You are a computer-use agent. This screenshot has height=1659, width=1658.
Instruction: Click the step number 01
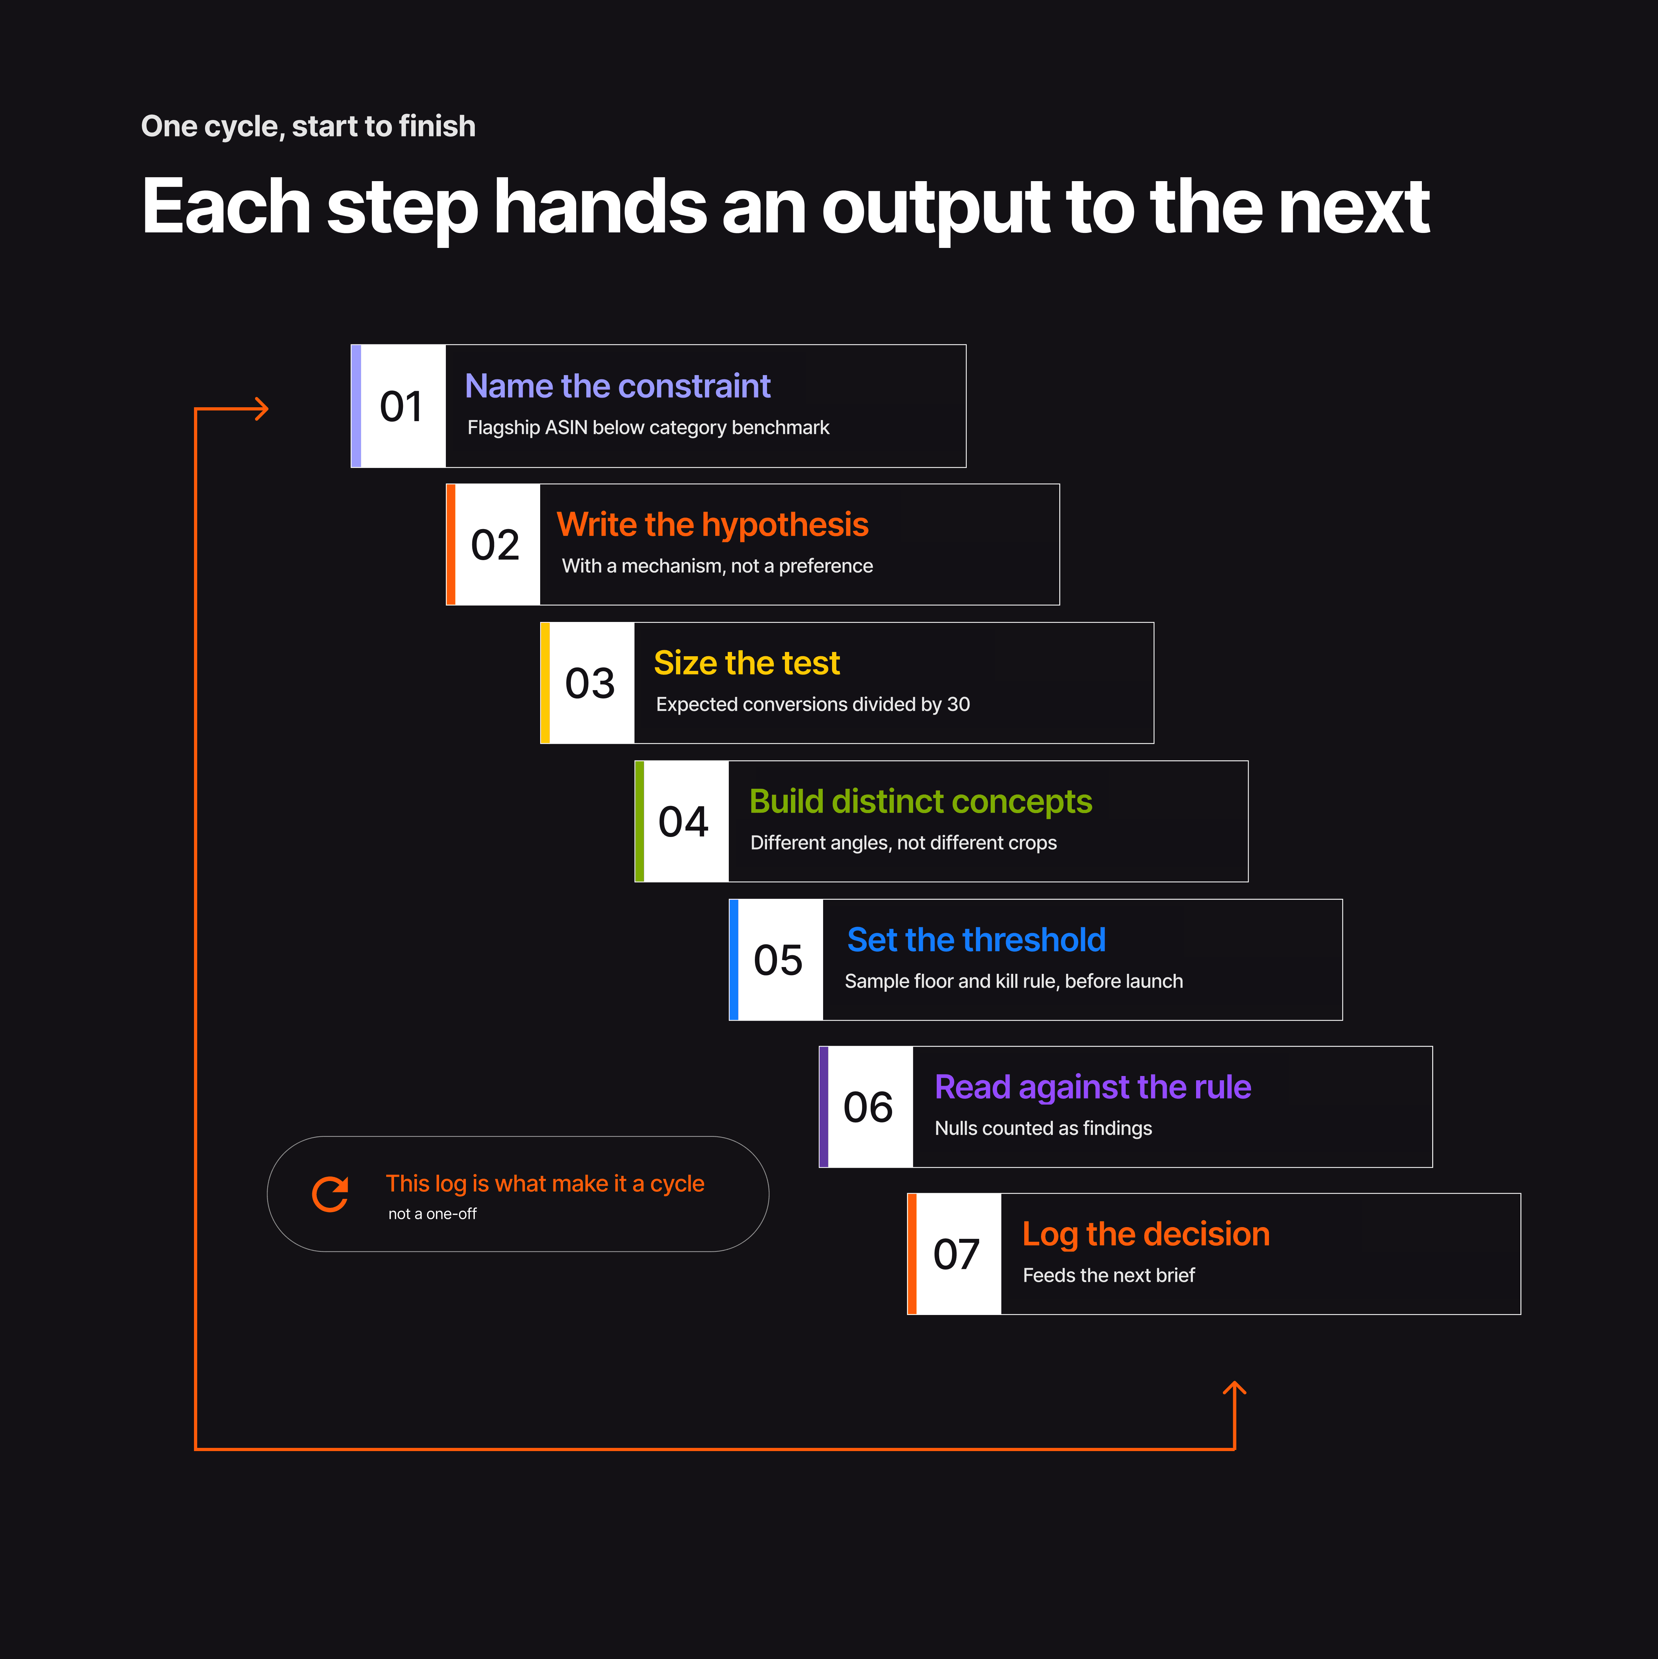click(401, 406)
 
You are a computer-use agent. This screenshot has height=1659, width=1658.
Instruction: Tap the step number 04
click(683, 822)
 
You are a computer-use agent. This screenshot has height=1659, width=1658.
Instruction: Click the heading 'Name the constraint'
click(617, 387)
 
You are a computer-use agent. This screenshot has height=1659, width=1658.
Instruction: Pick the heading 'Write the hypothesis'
click(713, 525)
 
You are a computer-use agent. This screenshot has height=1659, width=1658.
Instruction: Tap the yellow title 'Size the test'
click(746, 663)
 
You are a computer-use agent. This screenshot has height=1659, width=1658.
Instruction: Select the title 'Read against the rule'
click(1092, 1087)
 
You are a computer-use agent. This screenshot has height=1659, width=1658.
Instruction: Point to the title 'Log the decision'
click(1145, 1234)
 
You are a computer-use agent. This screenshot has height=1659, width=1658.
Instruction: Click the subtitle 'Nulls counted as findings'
click(1043, 1128)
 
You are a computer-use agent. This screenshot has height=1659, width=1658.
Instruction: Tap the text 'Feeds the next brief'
click(1109, 1275)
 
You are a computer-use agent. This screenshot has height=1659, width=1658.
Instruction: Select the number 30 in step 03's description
click(958, 704)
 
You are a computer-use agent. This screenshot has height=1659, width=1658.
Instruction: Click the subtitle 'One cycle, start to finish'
click(308, 126)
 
